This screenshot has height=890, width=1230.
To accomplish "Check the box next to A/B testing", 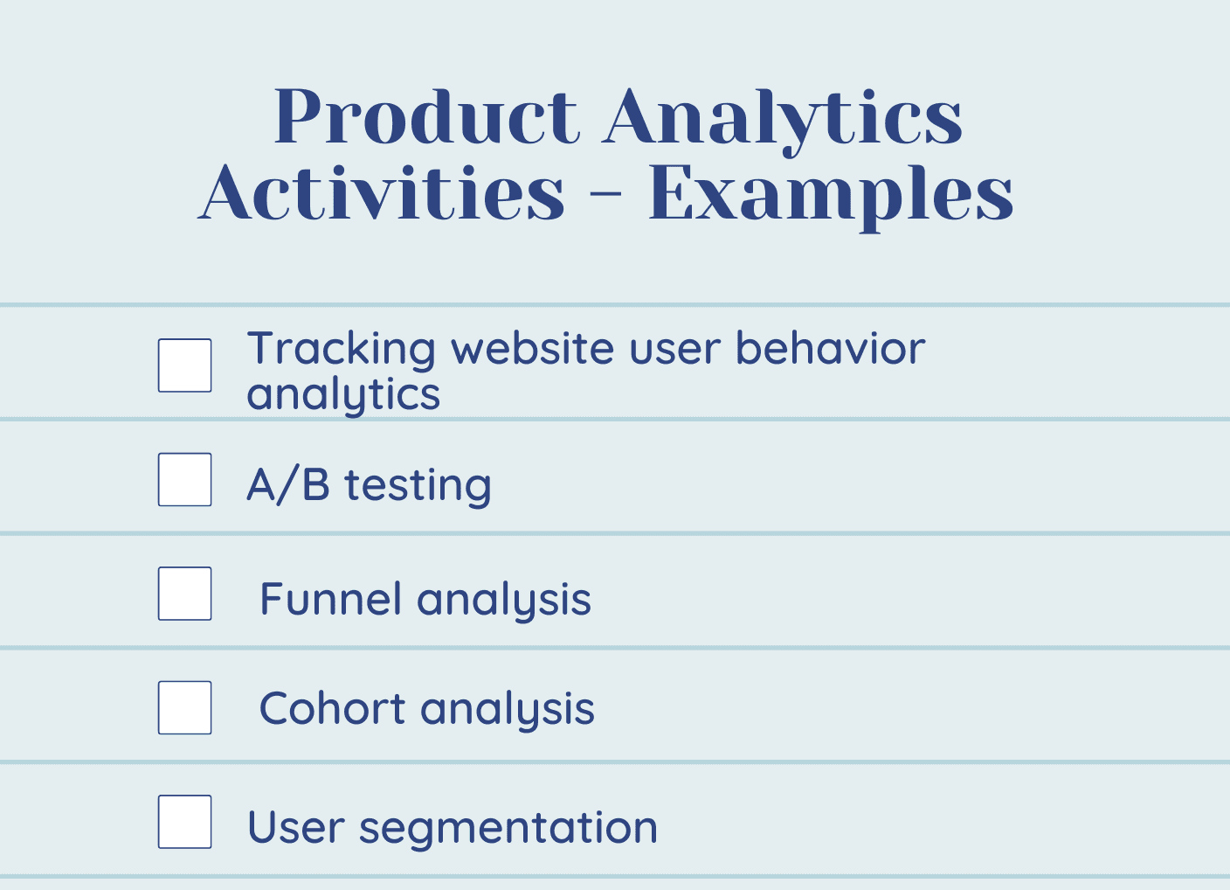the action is pos(184,480).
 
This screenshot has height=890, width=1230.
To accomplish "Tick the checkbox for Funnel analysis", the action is pos(184,594).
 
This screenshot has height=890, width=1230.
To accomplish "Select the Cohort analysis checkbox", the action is pos(184,707).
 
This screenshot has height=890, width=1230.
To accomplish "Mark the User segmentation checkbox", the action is pos(184,822).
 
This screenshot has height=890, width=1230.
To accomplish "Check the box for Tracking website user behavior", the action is pos(184,365).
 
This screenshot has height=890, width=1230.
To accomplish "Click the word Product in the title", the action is pos(427,116).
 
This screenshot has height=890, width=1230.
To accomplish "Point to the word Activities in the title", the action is pos(381,192).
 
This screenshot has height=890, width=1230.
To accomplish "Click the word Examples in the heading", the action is pos(831,198).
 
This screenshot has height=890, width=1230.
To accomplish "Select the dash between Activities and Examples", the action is pos(607,193).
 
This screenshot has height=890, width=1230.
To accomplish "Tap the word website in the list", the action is pos(532,348).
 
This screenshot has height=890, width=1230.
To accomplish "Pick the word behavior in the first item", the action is pos(830,348).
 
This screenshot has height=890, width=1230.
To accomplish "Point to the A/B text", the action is pos(288,484).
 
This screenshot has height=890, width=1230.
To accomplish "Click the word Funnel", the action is pos(330,598).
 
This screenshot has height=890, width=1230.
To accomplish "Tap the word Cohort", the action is pos(332,708).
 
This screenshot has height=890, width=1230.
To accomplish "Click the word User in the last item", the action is pos(296,827).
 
